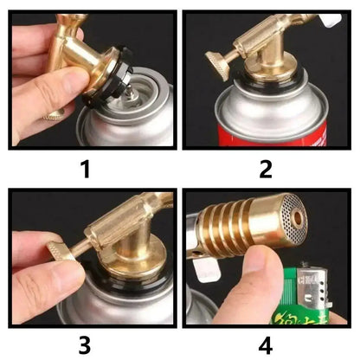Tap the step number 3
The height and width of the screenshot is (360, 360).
pos(84,344)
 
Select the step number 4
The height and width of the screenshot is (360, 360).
pos(266,344)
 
